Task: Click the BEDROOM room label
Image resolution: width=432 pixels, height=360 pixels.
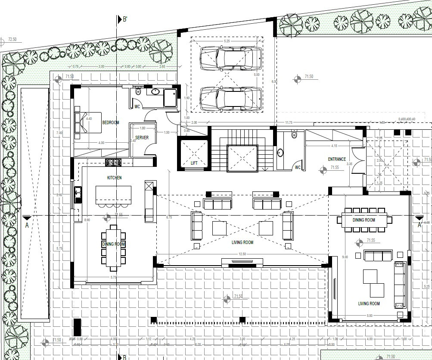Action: (x=111, y=123)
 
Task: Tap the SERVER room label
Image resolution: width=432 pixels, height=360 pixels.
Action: (x=142, y=138)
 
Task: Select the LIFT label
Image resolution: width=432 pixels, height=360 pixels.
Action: (x=194, y=163)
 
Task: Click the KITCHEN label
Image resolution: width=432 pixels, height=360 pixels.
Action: (x=114, y=178)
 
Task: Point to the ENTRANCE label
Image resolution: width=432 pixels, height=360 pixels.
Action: (x=337, y=160)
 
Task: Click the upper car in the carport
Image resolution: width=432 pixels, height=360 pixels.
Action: (x=231, y=58)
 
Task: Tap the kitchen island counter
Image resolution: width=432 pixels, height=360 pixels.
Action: (x=113, y=194)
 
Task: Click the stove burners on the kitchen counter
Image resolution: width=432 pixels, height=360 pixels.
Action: (x=113, y=163)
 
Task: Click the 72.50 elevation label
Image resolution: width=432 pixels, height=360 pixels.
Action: (x=12, y=40)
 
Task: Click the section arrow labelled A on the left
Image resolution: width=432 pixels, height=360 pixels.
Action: (x=27, y=219)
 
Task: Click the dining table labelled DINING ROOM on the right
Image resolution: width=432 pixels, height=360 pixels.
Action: (x=364, y=220)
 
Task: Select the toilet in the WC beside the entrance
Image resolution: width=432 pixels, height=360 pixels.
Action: (x=294, y=134)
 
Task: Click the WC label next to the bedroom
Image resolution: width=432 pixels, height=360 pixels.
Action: (x=137, y=106)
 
